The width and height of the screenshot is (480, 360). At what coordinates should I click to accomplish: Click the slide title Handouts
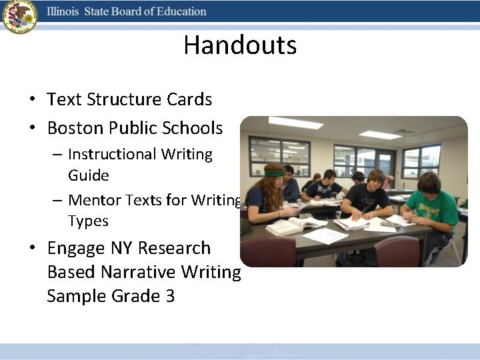click(x=240, y=45)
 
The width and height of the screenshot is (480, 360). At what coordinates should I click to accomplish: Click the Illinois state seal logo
click(x=19, y=17)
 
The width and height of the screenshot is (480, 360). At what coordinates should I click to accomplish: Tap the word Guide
click(x=88, y=176)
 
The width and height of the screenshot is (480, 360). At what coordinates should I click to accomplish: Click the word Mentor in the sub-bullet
click(x=98, y=199)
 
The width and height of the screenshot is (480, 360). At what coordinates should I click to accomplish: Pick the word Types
click(x=88, y=221)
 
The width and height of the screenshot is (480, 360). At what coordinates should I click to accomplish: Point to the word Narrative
click(x=140, y=272)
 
